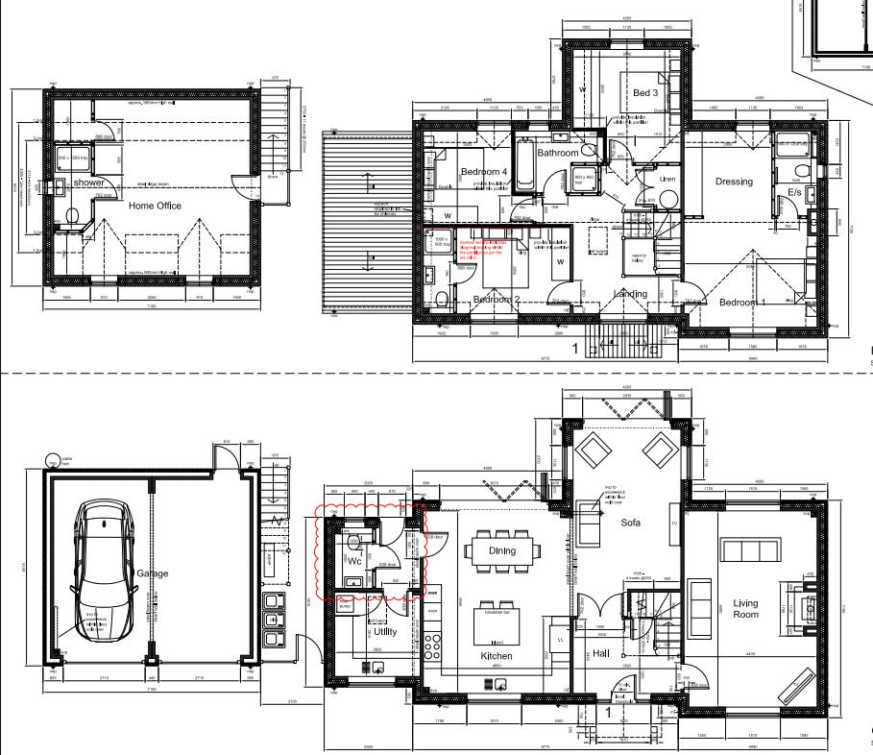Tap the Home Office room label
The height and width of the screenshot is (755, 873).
155,206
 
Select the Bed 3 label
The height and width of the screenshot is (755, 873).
644,93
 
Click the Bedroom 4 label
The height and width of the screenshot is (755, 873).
483,172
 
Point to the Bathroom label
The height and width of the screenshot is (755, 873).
558,153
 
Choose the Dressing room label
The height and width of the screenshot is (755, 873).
734,182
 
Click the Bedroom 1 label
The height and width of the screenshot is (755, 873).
743,303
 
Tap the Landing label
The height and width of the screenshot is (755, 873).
630,294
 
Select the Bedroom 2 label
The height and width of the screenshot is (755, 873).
496,300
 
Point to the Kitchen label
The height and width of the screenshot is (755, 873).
497,657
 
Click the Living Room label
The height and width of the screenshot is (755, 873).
745,609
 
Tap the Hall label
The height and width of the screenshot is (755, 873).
601,653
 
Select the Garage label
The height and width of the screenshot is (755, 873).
152,573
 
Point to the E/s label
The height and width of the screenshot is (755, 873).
795,193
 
